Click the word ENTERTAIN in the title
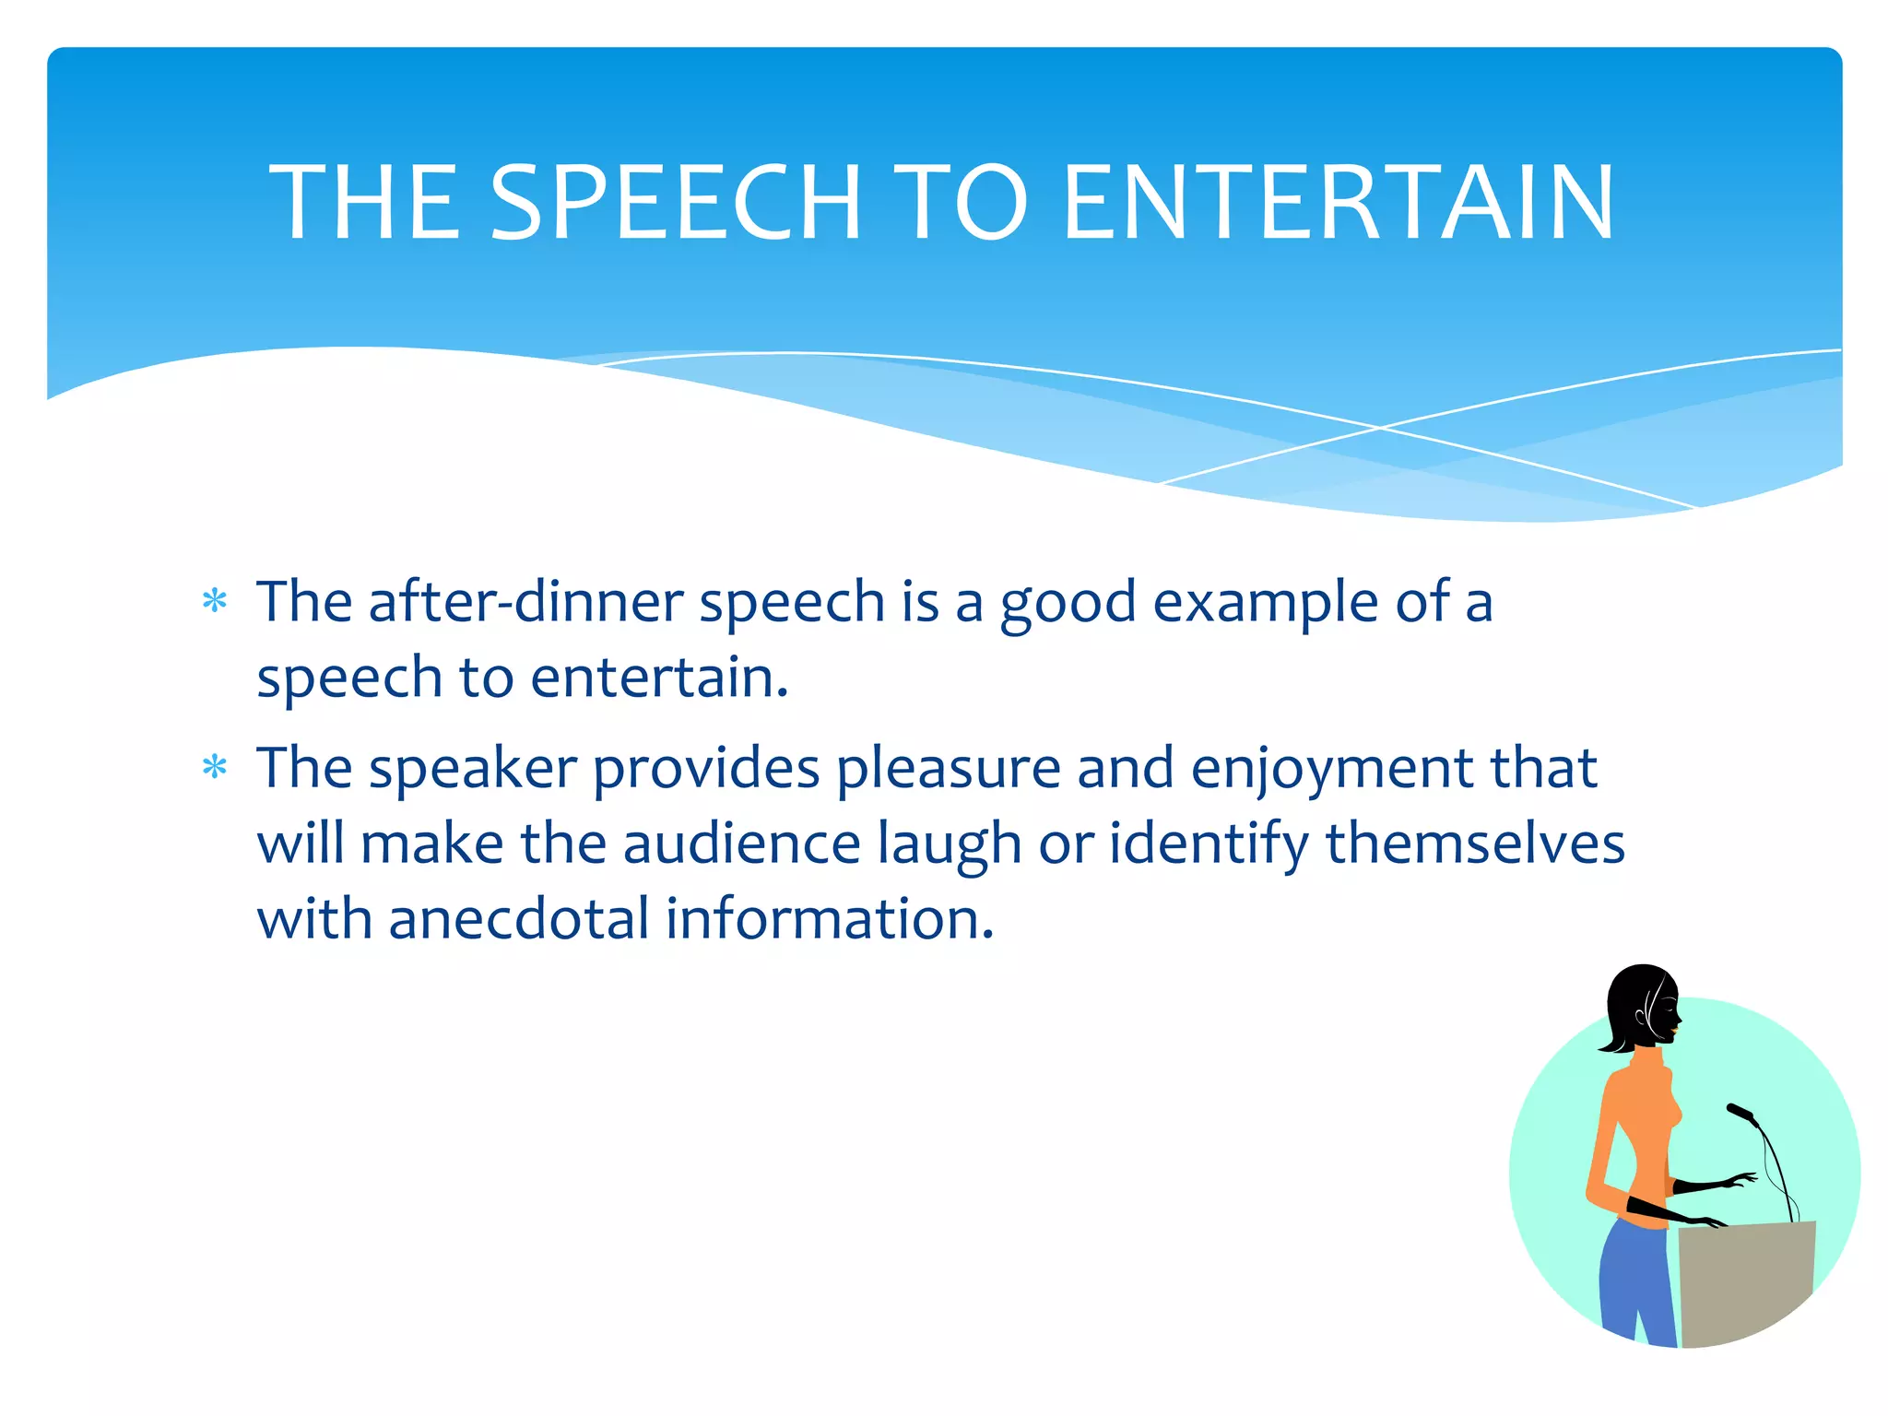(x=1339, y=203)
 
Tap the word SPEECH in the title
(x=676, y=203)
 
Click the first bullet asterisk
(x=215, y=602)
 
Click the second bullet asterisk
(x=215, y=767)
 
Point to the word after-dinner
(x=525, y=602)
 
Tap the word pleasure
(x=949, y=769)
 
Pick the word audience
(x=742, y=844)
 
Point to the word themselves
(x=1475, y=844)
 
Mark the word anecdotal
(x=519, y=919)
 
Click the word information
(x=830, y=919)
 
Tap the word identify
(x=1209, y=844)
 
